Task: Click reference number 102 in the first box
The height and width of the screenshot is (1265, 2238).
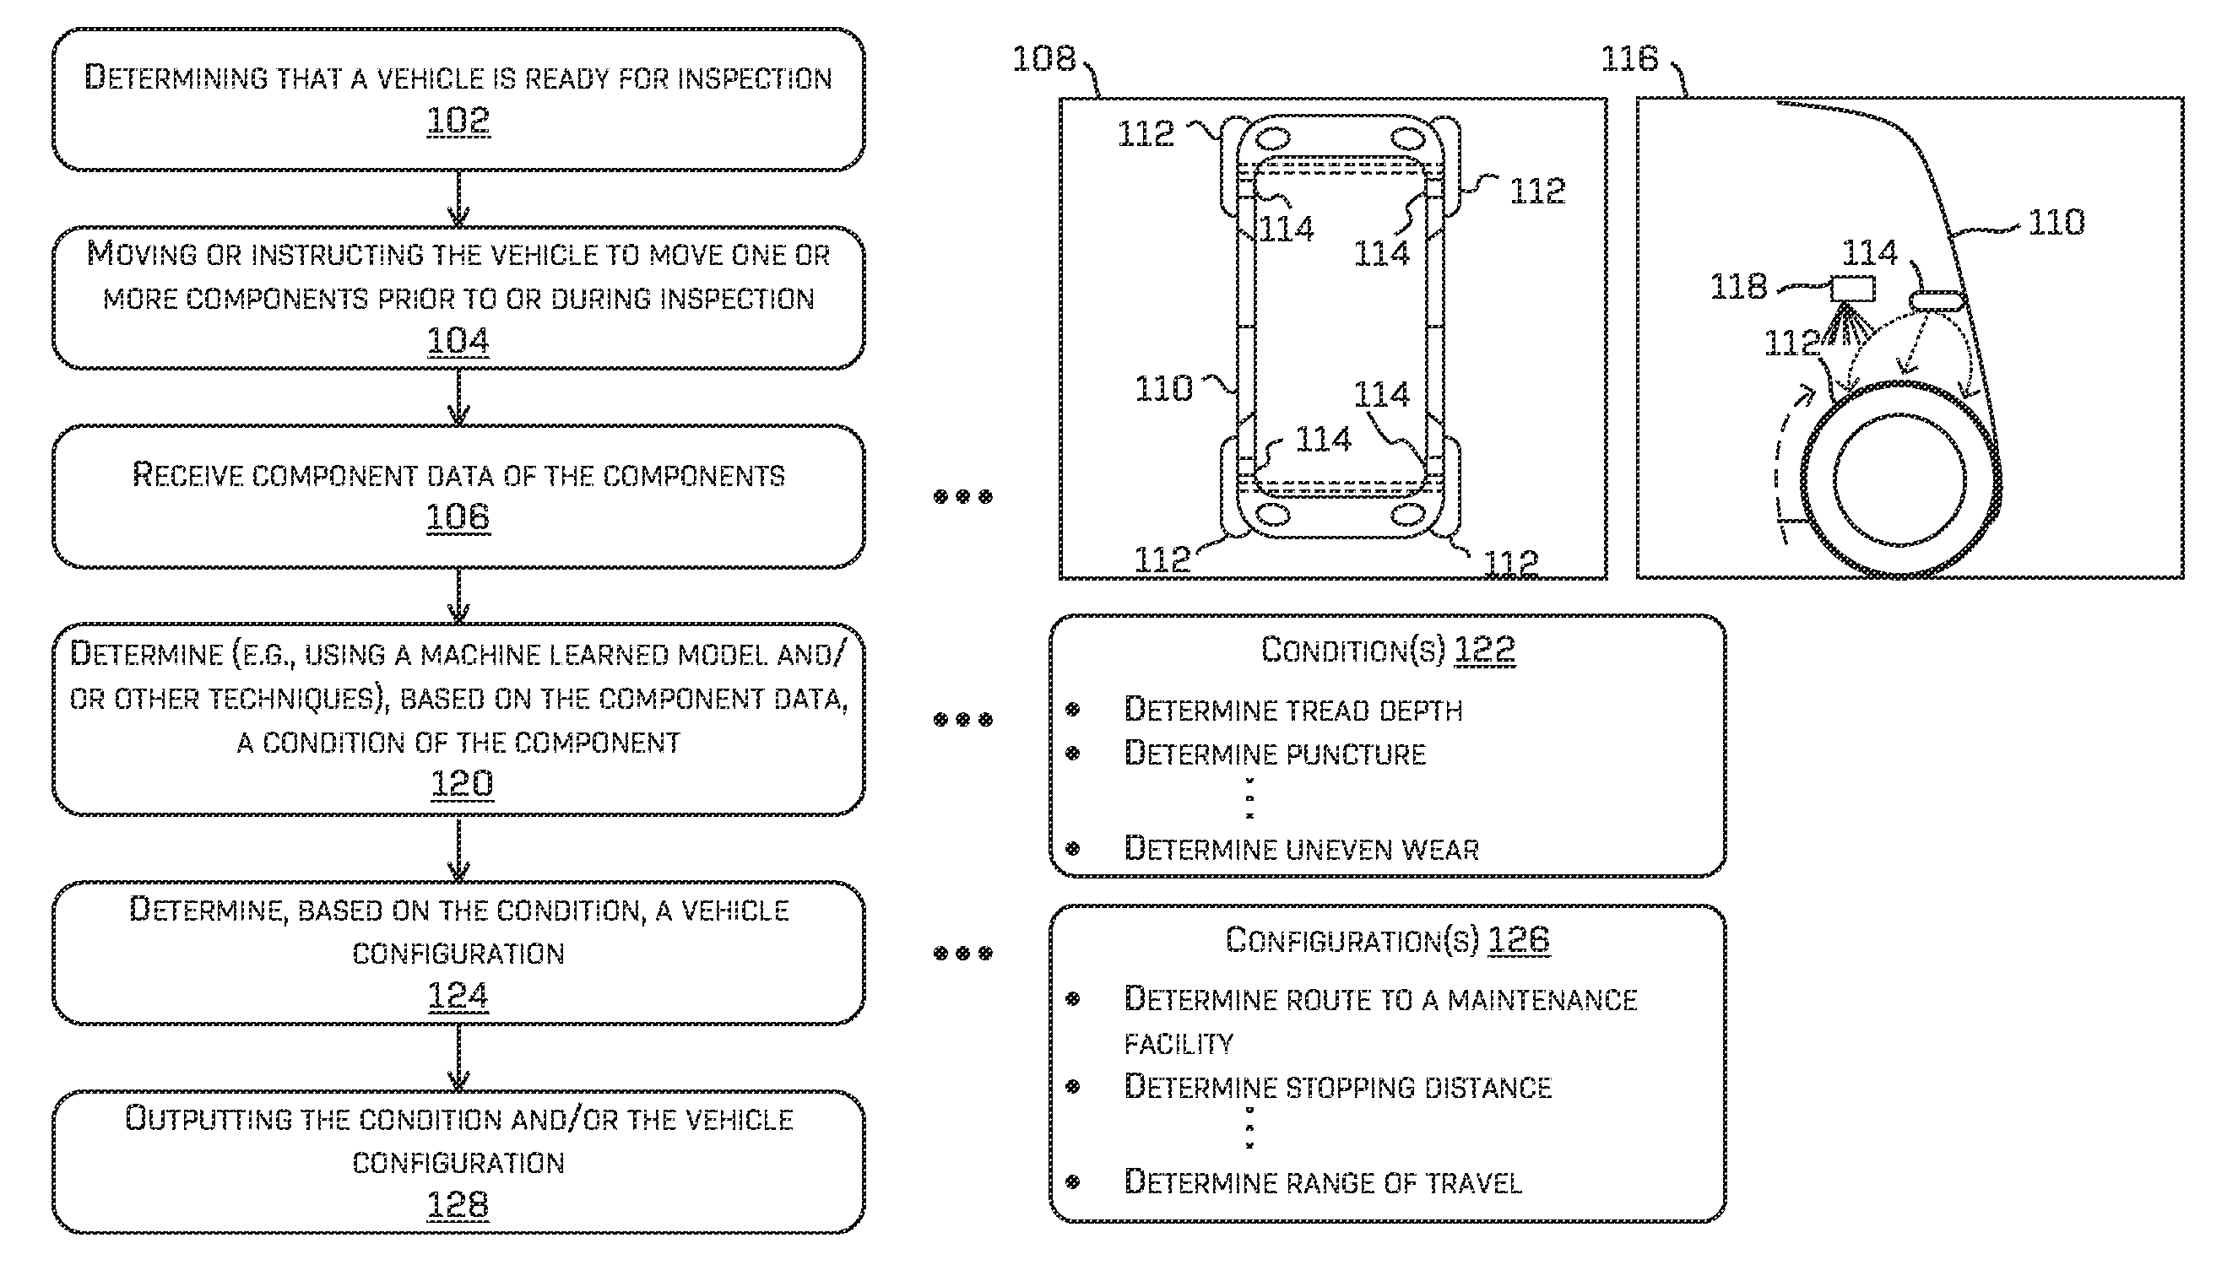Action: tap(458, 121)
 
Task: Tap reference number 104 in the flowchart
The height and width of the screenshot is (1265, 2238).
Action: tap(458, 341)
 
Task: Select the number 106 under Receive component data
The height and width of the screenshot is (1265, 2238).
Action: tap(458, 518)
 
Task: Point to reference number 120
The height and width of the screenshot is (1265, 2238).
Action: tap(462, 784)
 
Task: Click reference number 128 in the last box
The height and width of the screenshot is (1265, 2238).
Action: tap(458, 1205)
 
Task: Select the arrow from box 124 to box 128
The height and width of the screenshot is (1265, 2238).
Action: tap(458, 1057)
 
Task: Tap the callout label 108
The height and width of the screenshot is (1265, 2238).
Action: tap(1043, 59)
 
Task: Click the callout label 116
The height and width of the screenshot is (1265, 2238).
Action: tap(1629, 59)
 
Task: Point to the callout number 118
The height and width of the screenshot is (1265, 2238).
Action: tap(1738, 287)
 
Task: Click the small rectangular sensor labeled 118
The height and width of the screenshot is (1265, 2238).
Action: tap(1852, 289)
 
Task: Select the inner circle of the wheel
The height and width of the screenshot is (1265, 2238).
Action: tap(1900, 479)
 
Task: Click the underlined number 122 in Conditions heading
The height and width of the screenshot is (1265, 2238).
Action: tap(1484, 650)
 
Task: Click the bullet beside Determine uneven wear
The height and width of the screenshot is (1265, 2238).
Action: tap(1072, 849)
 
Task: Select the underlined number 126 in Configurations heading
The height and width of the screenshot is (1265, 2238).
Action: tap(1519, 940)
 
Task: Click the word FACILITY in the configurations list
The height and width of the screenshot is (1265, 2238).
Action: tap(1179, 1043)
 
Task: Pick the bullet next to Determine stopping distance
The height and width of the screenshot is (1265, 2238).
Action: tap(1072, 1087)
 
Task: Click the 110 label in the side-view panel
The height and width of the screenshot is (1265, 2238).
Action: tap(2056, 224)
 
